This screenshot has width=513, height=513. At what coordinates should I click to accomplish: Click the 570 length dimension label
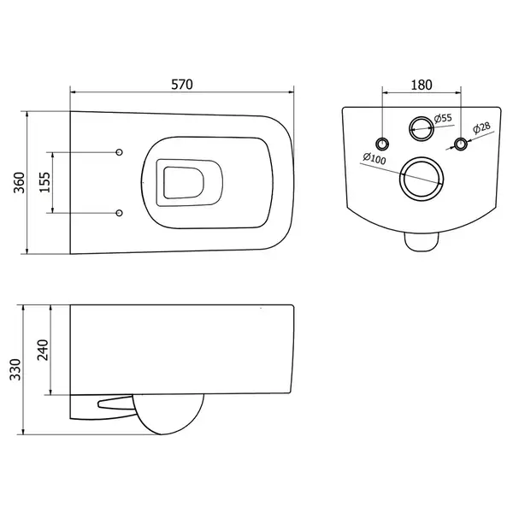(x=182, y=85)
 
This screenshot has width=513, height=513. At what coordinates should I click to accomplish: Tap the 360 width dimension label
(x=20, y=183)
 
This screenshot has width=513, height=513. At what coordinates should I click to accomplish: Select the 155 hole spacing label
(x=45, y=182)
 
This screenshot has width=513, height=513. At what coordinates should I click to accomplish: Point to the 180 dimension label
(x=422, y=85)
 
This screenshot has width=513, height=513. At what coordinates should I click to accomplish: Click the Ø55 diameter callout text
(x=443, y=118)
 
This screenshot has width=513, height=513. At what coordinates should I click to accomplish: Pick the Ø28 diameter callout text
(x=482, y=127)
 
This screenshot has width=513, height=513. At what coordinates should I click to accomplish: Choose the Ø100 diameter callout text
(x=374, y=159)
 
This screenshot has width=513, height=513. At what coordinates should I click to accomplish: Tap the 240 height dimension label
(x=43, y=350)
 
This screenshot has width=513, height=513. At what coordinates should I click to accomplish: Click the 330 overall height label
(x=15, y=369)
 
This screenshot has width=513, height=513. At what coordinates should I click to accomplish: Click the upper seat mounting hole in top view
(x=120, y=152)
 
